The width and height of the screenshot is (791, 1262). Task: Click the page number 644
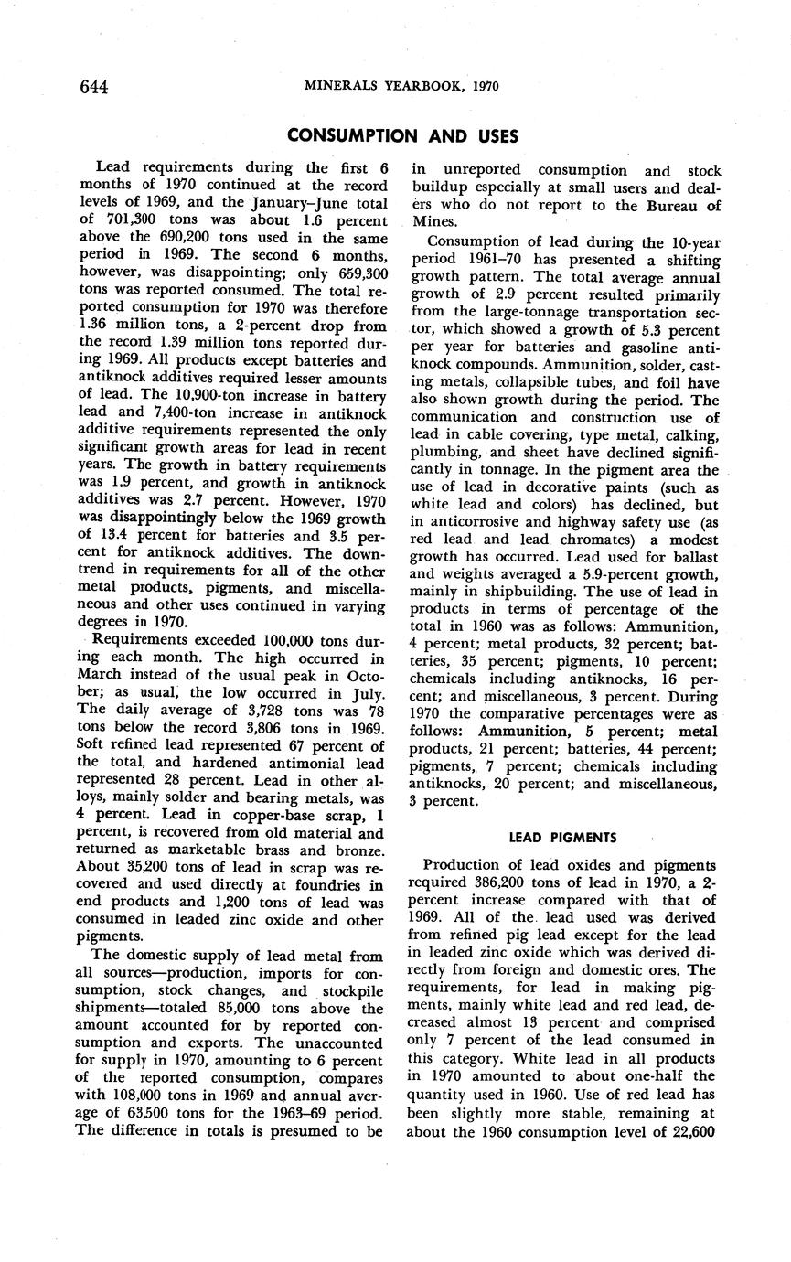click(x=94, y=87)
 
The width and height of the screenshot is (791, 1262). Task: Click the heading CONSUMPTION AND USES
click(x=402, y=136)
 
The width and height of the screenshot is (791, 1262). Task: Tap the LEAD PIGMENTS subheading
click(x=562, y=837)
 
